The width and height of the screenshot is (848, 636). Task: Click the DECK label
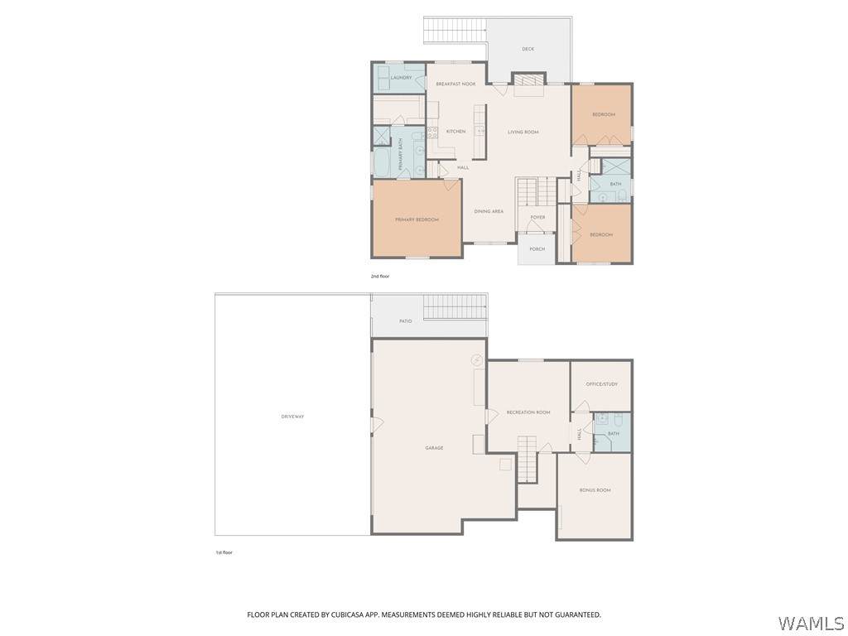tap(528, 49)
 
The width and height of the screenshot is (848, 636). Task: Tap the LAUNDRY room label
tap(402, 77)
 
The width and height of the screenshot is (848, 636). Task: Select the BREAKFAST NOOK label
tap(456, 84)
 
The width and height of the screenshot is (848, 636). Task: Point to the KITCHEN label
tap(456, 132)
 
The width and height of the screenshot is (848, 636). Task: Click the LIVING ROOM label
tap(523, 132)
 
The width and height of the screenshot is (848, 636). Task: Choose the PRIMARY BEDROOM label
tap(417, 219)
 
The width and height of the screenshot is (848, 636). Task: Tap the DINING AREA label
tap(489, 211)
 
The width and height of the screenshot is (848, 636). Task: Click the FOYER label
tap(537, 218)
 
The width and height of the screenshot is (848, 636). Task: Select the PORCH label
tap(537, 249)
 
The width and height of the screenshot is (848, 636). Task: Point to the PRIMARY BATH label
tap(401, 154)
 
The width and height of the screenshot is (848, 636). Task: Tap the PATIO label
tap(406, 321)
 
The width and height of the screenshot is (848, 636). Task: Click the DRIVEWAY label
tap(292, 417)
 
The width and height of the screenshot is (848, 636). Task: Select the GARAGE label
tap(434, 448)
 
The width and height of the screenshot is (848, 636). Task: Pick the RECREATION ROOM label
tap(528, 412)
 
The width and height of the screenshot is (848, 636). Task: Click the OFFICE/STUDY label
tap(602, 384)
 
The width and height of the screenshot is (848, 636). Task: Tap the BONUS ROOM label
tap(595, 490)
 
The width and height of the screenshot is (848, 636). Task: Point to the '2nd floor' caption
tap(379, 277)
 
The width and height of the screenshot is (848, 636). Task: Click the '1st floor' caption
tap(224, 552)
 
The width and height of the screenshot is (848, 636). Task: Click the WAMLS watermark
tap(811, 624)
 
